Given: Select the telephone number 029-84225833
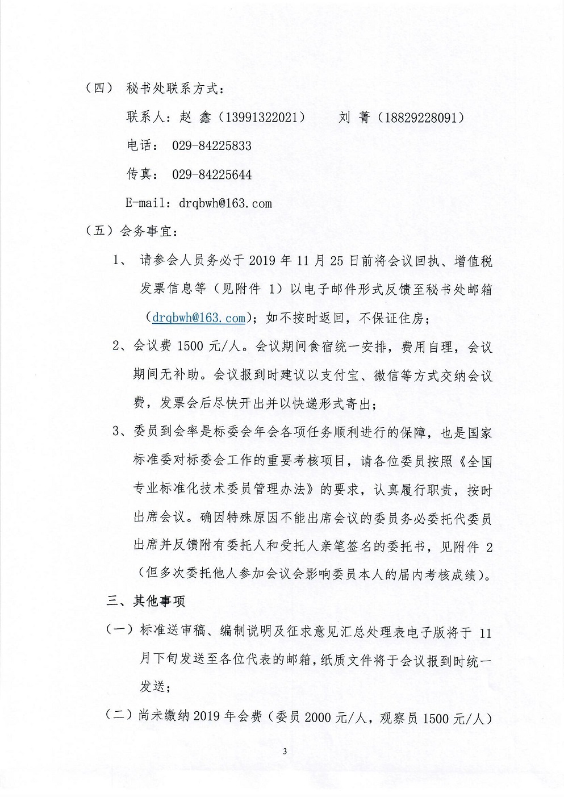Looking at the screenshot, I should [x=211, y=146].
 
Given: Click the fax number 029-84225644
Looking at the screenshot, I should [x=211, y=174].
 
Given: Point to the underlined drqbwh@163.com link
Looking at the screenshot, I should [x=198, y=318].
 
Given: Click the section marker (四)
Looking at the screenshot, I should [x=98, y=89].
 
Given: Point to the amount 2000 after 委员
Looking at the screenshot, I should [x=321, y=718].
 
